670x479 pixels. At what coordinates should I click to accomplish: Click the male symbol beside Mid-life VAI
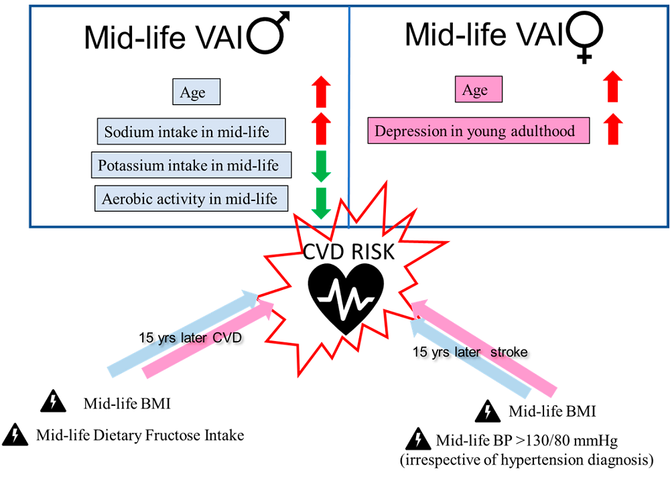(x=270, y=36)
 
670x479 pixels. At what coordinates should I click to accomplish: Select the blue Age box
(x=193, y=92)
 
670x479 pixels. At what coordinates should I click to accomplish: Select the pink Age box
(x=474, y=90)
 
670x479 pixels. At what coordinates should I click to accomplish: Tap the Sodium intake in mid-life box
(x=192, y=131)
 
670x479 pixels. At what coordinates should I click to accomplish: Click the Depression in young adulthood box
(x=478, y=131)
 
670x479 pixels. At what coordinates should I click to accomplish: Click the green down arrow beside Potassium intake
(x=322, y=166)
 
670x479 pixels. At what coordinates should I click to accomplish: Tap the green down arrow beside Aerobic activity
(x=322, y=203)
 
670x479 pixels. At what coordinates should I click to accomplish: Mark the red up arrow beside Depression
(x=611, y=129)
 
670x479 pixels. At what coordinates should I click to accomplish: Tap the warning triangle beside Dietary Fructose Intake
(x=14, y=435)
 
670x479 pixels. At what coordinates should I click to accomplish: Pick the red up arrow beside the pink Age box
(x=611, y=88)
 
